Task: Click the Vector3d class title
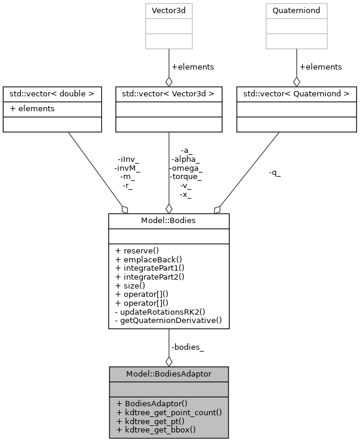click(x=168, y=10)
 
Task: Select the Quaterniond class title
click(x=296, y=10)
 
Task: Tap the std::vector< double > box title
click(x=51, y=93)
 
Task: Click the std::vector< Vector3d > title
click(x=168, y=93)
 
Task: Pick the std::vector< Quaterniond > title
click(x=296, y=93)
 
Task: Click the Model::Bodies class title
click(x=168, y=221)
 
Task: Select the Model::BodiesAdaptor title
click(x=168, y=374)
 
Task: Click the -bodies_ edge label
click(x=187, y=347)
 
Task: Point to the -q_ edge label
click(x=274, y=173)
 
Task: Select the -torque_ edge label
click(x=187, y=176)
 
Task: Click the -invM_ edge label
click(x=127, y=168)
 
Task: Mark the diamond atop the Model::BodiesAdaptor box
click(x=168, y=361)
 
